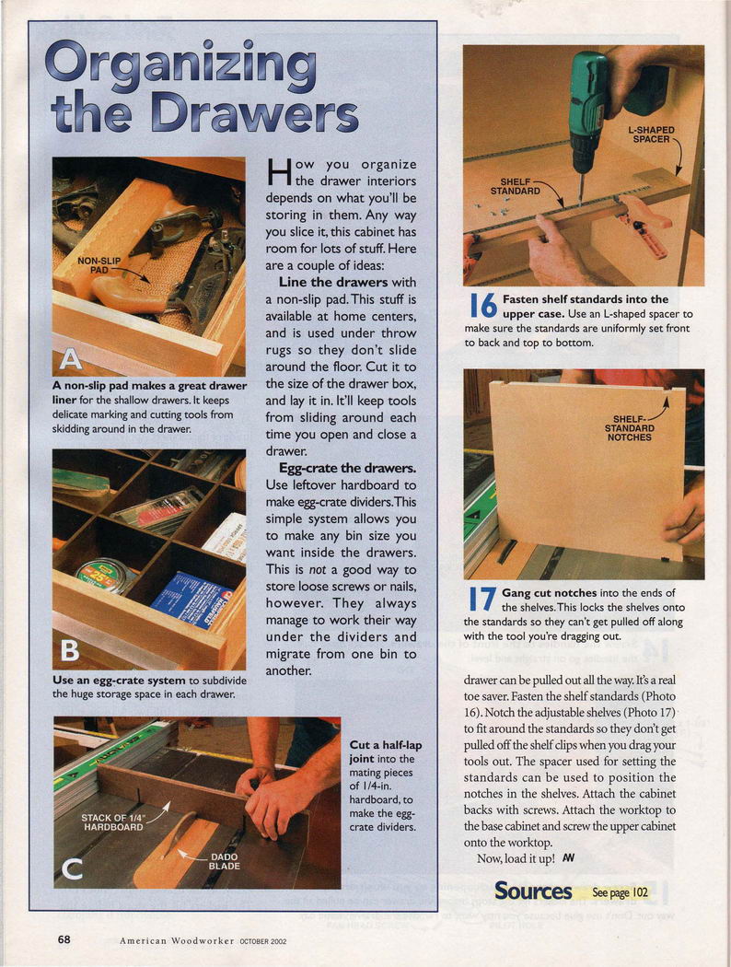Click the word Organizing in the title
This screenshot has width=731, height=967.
click(x=180, y=65)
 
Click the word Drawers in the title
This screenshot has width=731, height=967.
click(x=254, y=114)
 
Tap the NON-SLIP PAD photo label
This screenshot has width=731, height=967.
click(x=99, y=265)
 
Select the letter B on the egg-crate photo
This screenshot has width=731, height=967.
click(x=70, y=650)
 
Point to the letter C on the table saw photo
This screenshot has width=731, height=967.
click(x=73, y=869)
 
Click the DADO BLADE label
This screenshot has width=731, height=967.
click(x=225, y=861)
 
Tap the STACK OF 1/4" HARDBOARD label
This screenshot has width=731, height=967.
click(x=113, y=822)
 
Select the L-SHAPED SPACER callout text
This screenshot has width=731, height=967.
click(x=651, y=134)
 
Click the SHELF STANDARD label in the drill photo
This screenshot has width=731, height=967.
click(x=516, y=186)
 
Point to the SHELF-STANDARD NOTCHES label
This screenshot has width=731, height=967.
click(x=630, y=428)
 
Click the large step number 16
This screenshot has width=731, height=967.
click(x=483, y=306)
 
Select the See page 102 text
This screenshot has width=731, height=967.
click(x=620, y=891)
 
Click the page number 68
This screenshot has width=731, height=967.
click(x=64, y=940)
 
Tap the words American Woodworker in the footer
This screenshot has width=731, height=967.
click(x=177, y=940)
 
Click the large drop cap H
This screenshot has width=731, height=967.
click(x=279, y=172)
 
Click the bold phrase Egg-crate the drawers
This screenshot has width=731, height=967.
click(x=348, y=468)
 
